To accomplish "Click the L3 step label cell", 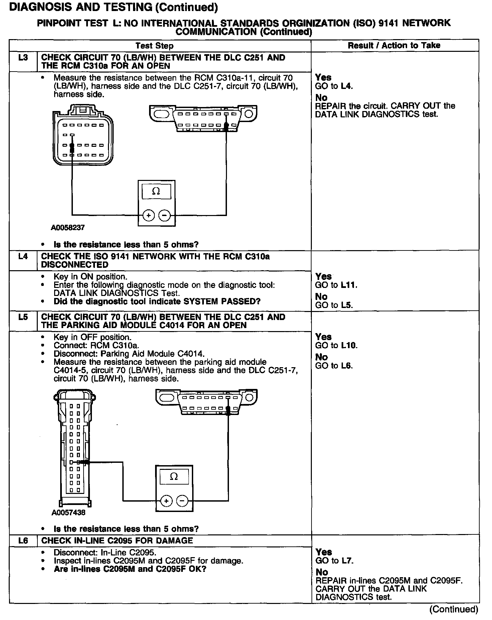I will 23,58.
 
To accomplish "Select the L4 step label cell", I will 23,257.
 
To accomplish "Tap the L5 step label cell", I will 23,317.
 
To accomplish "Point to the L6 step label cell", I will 23,541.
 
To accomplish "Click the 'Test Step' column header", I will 154,46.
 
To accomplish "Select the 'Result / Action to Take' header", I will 394,45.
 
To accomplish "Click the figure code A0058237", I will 68,228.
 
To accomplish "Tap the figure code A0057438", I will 68,512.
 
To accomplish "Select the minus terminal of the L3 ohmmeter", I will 164,216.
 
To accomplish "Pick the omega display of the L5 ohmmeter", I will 174,477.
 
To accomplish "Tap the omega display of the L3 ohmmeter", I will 156,191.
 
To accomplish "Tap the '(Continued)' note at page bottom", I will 454,609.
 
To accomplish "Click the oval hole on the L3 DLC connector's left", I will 161,114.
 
